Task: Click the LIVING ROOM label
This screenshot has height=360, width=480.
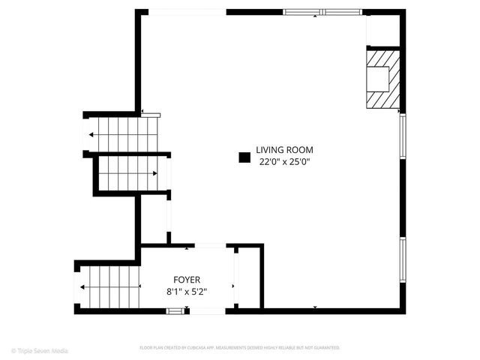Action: pyautogui.click(x=284, y=149)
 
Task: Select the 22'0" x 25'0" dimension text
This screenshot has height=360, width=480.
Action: pyautogui.click(x=284, y=161)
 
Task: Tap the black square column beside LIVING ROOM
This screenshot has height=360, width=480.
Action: pyautogui.click(x=244, y=157)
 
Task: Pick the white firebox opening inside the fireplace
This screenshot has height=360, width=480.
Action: pyautogui.click(x=377, y=79)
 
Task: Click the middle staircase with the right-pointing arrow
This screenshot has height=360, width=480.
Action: pyautogui.click(x=128, y=173)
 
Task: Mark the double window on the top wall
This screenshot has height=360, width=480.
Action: pyautogui.click(x=322, y=12)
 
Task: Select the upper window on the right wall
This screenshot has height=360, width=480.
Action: pyautogui.click(x=403, y=136)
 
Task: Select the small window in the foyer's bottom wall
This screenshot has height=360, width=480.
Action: pyautogui.click(x=175, y=310)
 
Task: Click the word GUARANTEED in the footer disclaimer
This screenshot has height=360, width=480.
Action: pyautogui.click(x=325, y=348)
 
